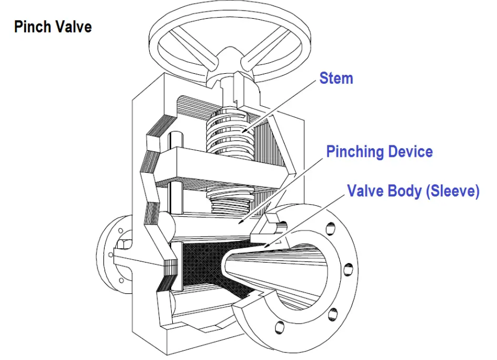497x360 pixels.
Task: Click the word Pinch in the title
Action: [x=33, y=26]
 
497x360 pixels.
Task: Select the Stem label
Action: [x=336, y=78]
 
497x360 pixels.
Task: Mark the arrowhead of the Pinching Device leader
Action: [x=241, y=222]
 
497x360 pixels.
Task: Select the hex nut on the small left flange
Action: [x=123, y=244]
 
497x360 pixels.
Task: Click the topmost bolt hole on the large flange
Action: [x=330, y=227]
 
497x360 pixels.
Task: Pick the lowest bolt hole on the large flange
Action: [x=280, y=327]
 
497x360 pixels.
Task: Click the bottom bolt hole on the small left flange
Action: [x=122, y=280]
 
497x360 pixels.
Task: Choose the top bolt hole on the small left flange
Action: [x=121, y=231]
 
